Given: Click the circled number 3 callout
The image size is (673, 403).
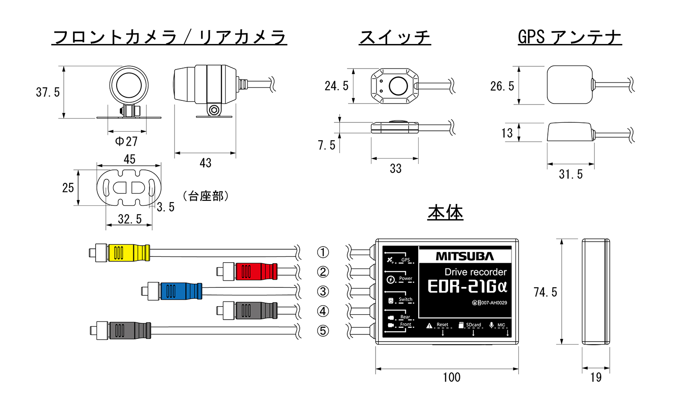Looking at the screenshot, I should pos(323,291).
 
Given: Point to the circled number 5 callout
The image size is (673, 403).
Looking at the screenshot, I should pos(323,331).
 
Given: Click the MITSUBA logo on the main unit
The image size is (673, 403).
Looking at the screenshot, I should pos(465,256).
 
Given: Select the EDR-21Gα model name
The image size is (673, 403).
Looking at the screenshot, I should pos(467,287).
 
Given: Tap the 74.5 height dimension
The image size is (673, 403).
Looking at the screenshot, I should pos(545,292).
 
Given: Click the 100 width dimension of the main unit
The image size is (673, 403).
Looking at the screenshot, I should pos(451,377).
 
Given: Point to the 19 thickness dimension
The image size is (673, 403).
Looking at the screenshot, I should pos(596,377).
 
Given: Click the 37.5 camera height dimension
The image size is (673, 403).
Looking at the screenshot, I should pos(48,92).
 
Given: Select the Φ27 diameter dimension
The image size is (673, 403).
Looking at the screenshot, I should pos(127,142).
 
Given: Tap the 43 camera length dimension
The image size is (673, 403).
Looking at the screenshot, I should pos(205,163).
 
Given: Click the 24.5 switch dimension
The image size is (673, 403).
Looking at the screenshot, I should pos(336,86).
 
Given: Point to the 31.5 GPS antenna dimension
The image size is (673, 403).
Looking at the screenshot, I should pos(571,174).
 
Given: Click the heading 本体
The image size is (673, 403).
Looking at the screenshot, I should pos(445,212).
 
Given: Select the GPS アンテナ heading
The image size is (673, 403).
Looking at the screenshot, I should pos(570,37).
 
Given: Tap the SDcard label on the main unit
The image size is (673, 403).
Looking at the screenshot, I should pos(473,325).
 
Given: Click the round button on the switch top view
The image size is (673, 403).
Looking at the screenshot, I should pos(398,86).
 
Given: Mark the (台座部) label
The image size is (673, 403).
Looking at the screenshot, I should pos(206,196).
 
